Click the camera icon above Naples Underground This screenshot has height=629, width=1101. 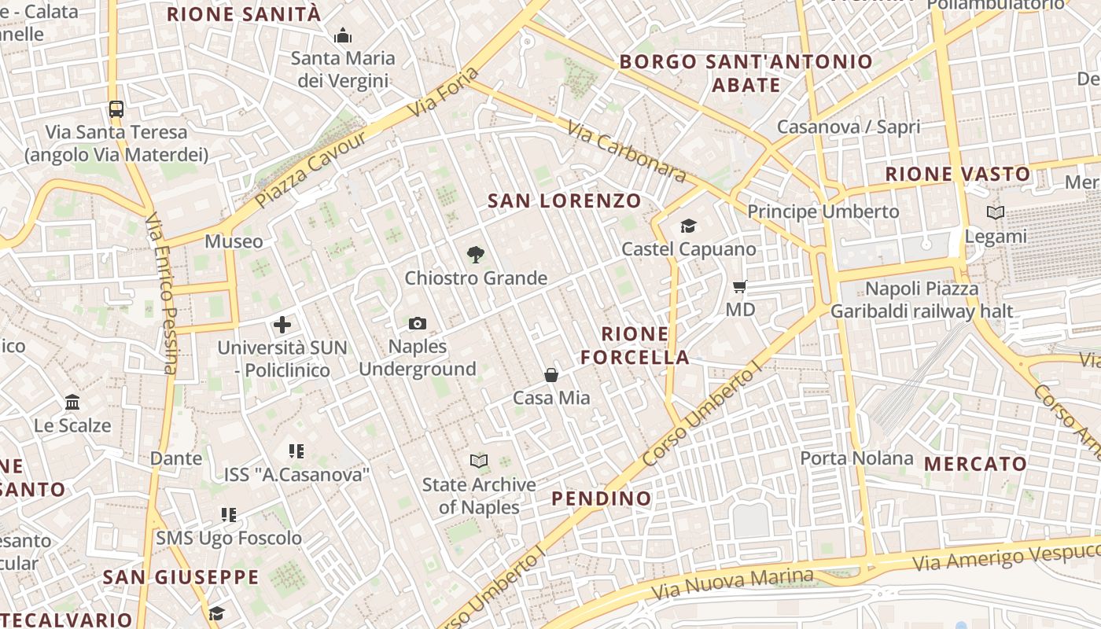pos(418,323)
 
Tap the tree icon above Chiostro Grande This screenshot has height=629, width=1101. pos(475,254)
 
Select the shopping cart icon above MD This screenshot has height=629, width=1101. pos(739,286)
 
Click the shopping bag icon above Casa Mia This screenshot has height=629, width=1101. pos(551,375)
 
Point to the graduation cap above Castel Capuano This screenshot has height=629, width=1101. pos(689,226)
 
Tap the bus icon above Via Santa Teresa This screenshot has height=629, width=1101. pos(116,109)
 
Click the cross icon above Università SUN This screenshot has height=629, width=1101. pos(282,324)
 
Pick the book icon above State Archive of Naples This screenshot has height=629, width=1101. pos(479,461)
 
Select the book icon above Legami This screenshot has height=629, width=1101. pos(996,212)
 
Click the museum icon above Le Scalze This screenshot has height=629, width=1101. pos(73,403)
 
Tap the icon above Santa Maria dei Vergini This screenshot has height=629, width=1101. pos(343,35)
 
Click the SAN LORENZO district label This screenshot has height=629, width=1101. pos(565,200)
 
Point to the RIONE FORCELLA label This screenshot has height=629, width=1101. pos(635,346)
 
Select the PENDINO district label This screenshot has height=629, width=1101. pos(602,498)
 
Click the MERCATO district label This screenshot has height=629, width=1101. pos(975,464)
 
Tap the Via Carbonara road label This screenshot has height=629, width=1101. pos(626,153)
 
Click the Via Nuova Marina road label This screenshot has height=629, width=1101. pos(732,582)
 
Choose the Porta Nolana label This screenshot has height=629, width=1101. pos(856,458)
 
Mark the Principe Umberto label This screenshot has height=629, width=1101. pos(823,212)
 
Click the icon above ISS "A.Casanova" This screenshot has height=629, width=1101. pos(296,451)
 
